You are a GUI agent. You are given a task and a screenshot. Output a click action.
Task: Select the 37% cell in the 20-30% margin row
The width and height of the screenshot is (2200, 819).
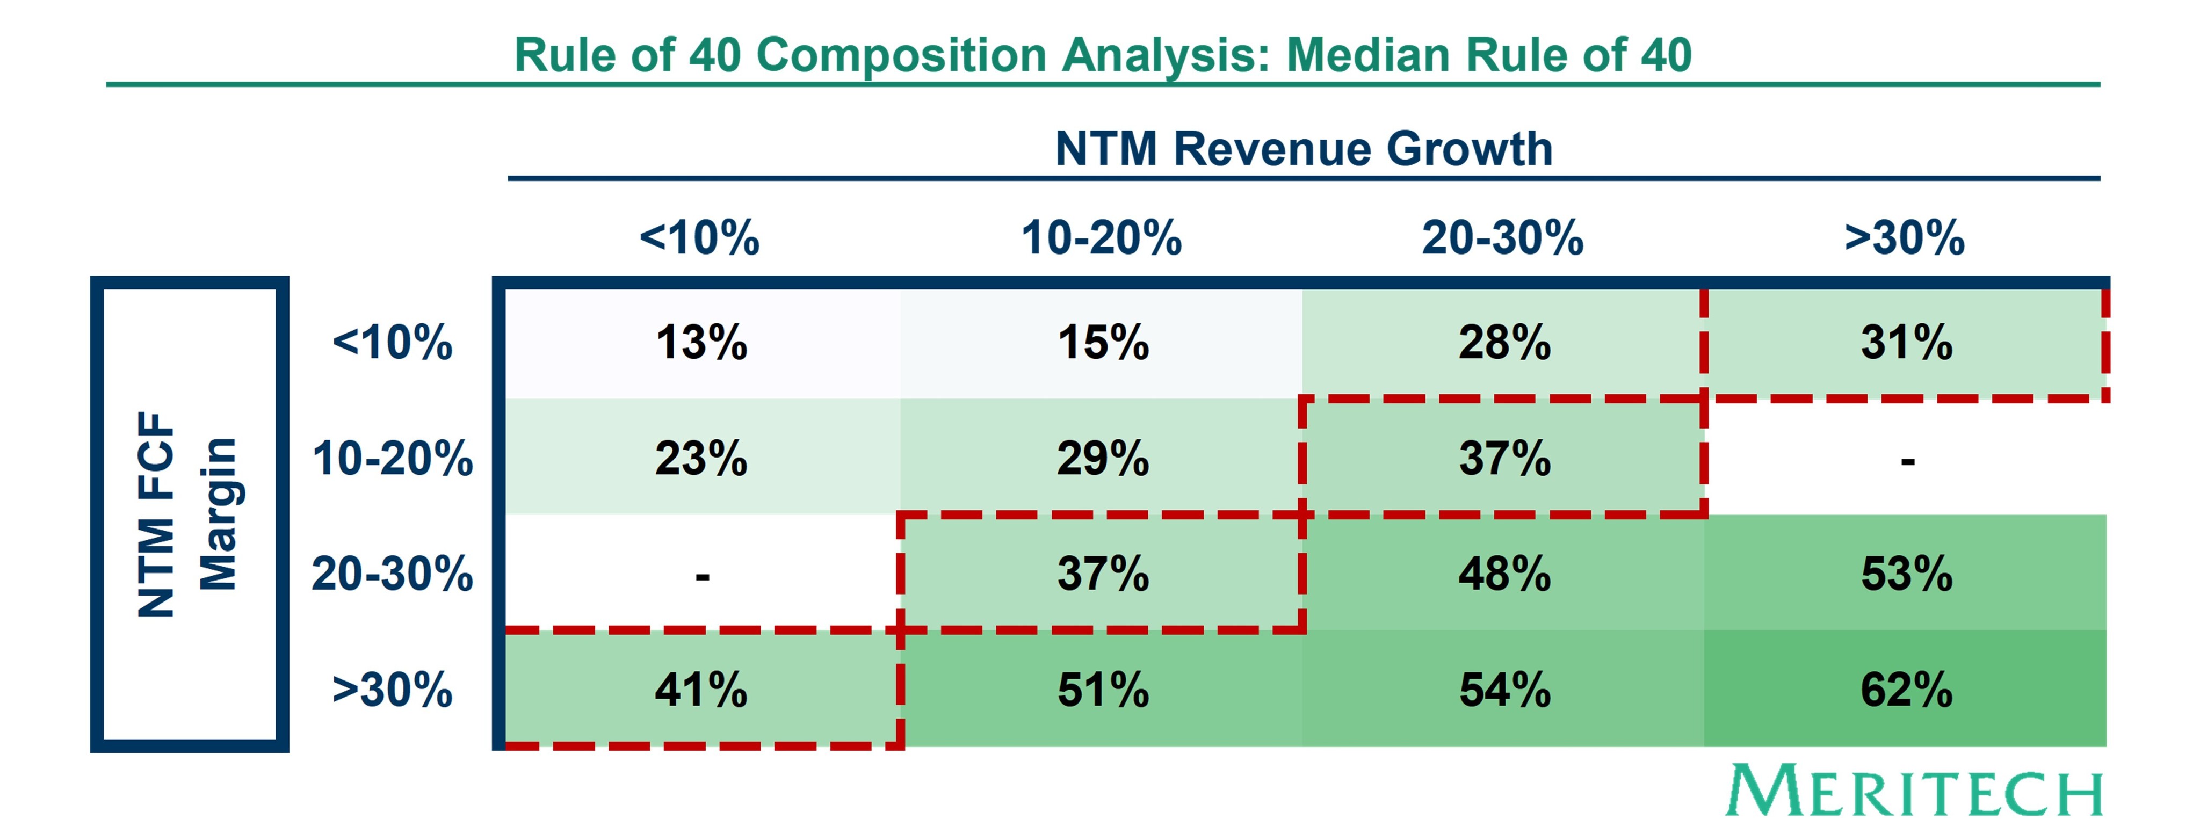pyautogui.click(x=1103, y=574)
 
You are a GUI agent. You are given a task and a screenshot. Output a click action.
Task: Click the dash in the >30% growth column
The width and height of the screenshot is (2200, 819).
pyautogui.click(x=1907, y=462)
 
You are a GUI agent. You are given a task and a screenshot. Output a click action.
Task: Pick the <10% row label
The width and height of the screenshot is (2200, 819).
pyautogui.click(x=392, y=343)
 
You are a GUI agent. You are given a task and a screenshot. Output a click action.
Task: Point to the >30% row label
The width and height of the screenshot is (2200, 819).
pyautogui.click(x=392, y=690)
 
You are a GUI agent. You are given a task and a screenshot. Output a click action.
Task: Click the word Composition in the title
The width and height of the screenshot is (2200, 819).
pyautogui.click(x=901, y=55)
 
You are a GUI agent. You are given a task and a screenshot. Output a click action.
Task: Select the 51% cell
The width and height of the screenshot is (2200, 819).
pyautogui.click(x=1103, y=690)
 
